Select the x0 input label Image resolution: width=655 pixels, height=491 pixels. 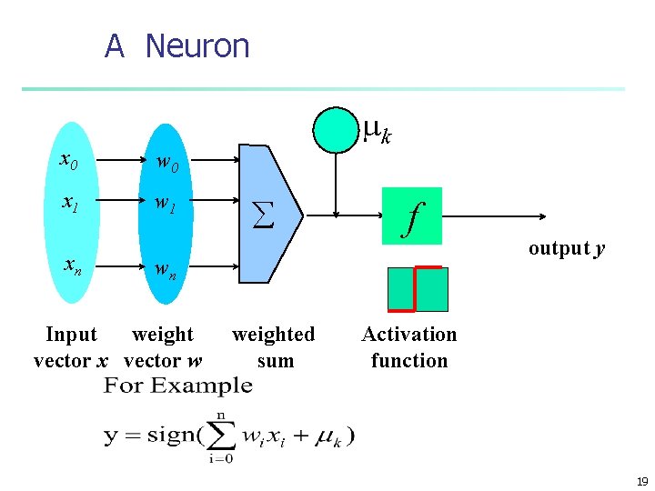68,161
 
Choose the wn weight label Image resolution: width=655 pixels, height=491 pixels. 165,271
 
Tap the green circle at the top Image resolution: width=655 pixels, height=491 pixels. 337,129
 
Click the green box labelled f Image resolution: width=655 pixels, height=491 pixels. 412,216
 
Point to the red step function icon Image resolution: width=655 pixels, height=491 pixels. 418,289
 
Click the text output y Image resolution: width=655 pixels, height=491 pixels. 567,248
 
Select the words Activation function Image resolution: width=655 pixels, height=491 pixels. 409,347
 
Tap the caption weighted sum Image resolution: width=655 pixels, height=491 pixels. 274,347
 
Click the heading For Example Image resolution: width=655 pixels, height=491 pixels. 178,386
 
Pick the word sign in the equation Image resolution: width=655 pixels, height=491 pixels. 167,435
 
